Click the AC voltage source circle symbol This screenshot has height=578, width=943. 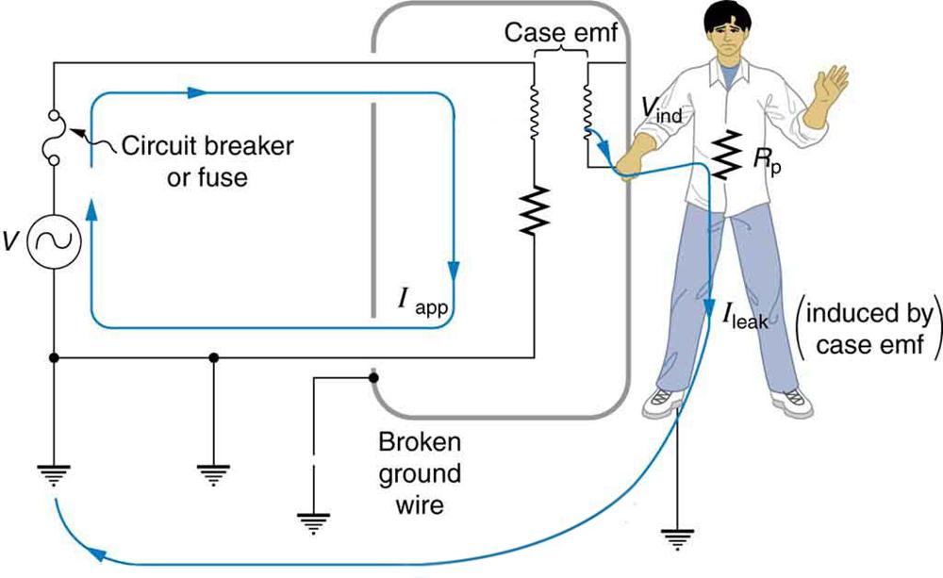click(x=55, y=242)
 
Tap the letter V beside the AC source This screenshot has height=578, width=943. click(x=11, y=242)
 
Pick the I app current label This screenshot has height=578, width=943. click(x=428, y=305)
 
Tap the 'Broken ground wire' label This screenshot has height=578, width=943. click(x=419, y=473)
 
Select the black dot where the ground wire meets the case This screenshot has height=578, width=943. click(x=374, y=379)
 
